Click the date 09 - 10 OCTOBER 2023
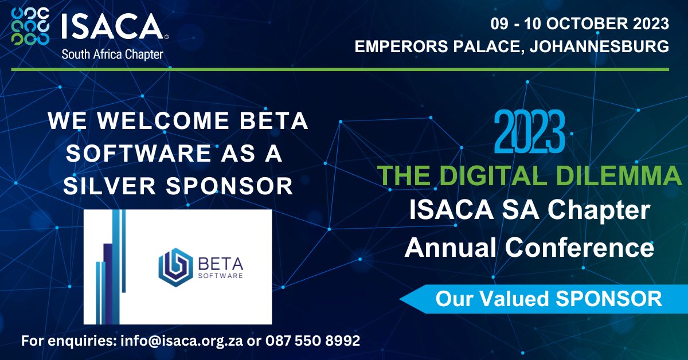point(579,24)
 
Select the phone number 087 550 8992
point(312,341)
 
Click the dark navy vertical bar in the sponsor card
point(107,279)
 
